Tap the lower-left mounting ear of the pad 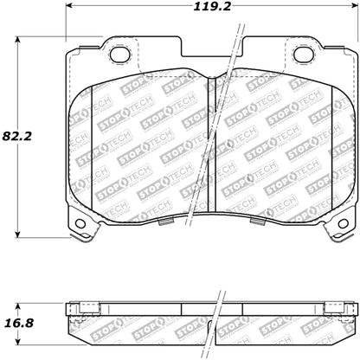[x=80, y=223]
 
